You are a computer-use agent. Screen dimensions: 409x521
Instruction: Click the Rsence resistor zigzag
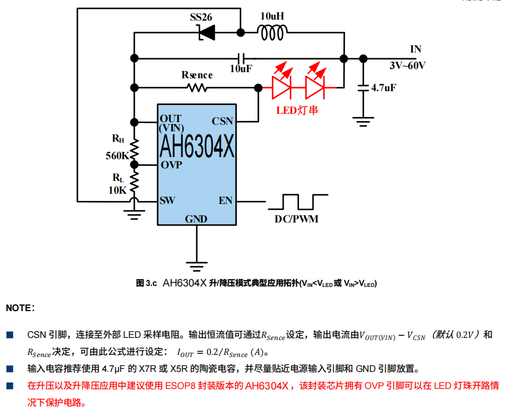point(197,88)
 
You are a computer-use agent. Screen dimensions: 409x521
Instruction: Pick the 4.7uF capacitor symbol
point(363,88)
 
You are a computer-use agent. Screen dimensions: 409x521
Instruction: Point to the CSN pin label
point(222,122)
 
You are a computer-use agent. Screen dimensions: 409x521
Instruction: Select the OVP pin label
point(171,165)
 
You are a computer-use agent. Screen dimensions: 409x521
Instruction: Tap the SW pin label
point(167,200)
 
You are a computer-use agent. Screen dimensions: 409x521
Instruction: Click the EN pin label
point(225,200)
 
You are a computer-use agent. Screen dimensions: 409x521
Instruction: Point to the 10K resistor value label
point(117,190)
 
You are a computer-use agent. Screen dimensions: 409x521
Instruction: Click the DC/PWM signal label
point(296,219)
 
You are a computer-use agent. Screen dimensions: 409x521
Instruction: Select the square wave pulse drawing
point(298,201)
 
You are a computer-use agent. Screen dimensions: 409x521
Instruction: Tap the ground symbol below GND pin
point(196,266)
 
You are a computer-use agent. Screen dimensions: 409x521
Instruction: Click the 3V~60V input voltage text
point(407,66)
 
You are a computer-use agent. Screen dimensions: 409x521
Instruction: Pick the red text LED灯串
point(297,110)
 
